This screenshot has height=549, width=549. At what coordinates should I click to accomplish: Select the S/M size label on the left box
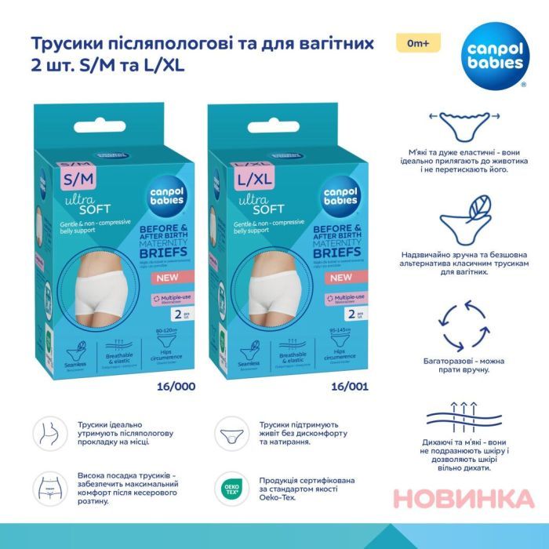pyautogui.click(x=77, y=180)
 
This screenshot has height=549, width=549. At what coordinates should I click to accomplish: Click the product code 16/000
pyautogui.click(x=177, y=386)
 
